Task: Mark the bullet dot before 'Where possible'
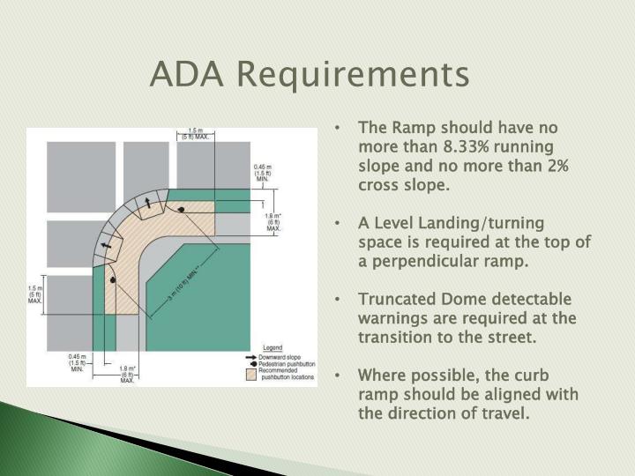pyautogui.click(x=340, y=376)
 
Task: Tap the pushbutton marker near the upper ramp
pyautogui.click(x=182, y=210)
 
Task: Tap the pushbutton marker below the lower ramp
pyautogui.click(x=113, y=280)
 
